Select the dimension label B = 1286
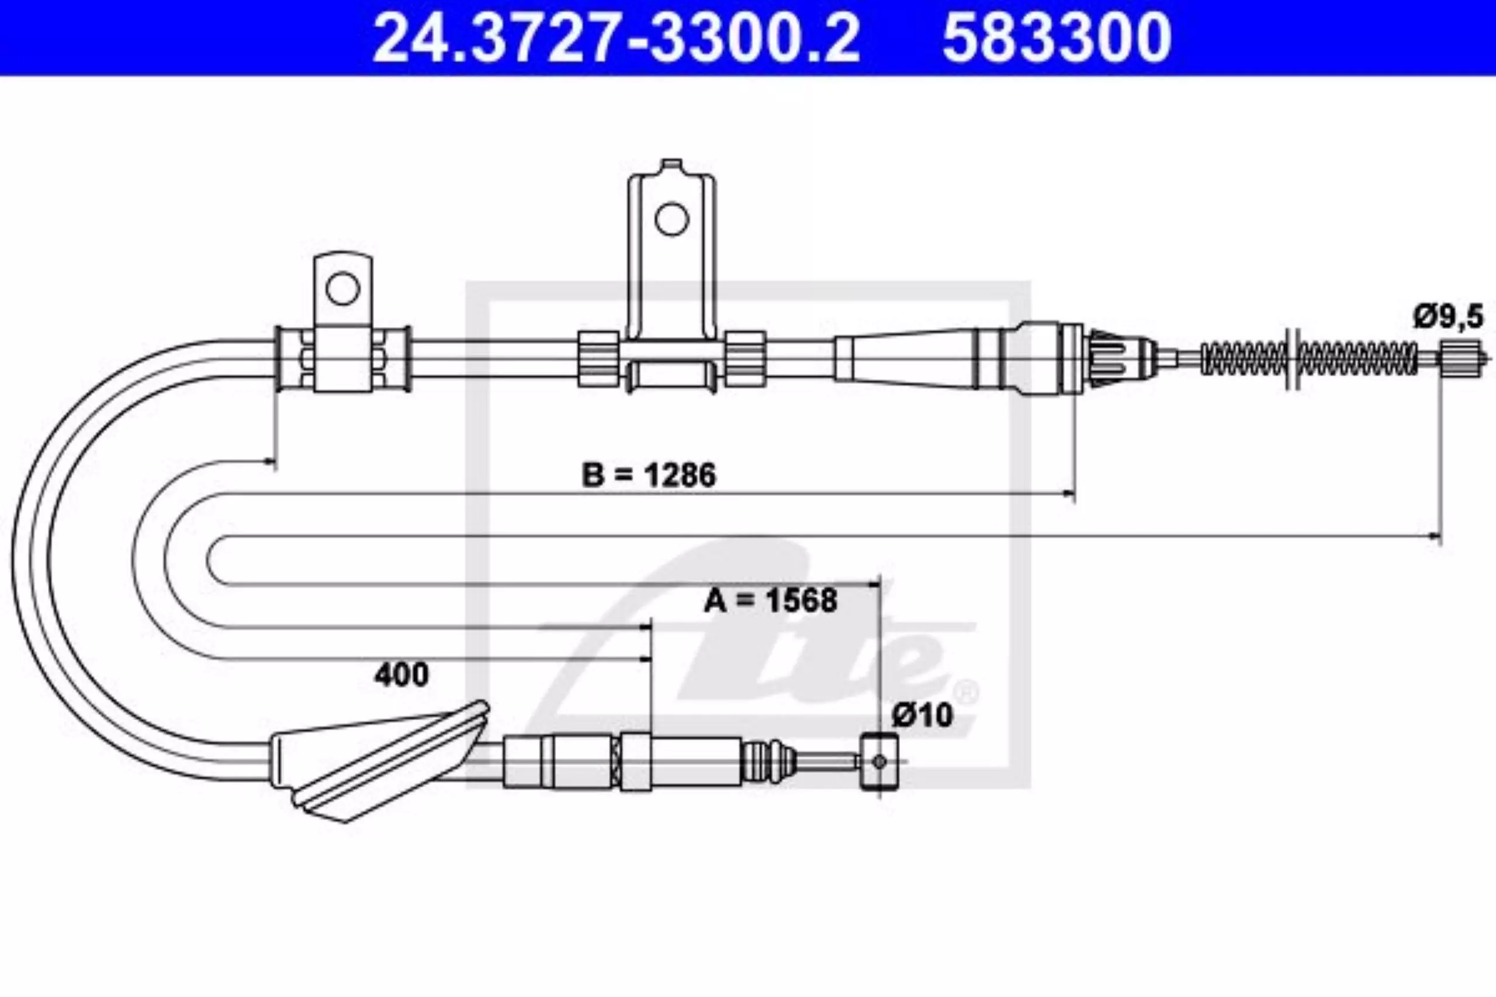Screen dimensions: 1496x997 pos(649,475)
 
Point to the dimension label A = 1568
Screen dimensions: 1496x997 pos(770,600)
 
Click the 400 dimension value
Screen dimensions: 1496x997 pos(401,675)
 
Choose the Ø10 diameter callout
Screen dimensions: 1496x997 pos(922,716)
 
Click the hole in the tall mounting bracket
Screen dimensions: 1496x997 pos(671,220)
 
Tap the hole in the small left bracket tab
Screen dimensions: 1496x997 pos(343,288)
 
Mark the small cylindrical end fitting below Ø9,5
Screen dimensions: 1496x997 pos(1455,359)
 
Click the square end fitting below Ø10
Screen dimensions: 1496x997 pos(879,761)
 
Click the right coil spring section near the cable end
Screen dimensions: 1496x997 pos(1359,359)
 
